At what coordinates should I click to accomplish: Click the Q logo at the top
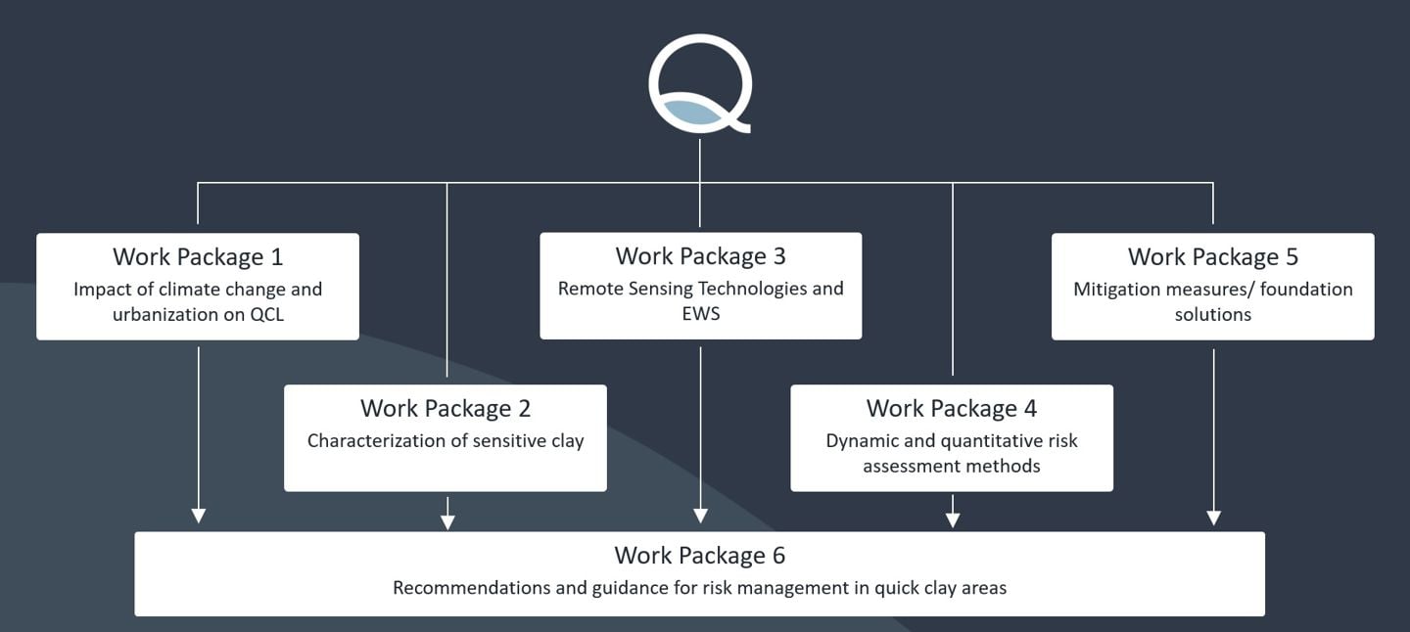pos(699,82)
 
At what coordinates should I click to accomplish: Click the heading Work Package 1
pos(198,257)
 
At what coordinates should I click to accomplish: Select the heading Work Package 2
pos(446,408)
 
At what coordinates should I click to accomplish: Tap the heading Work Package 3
pos(700,256)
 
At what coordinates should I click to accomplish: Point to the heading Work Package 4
pos(952,408)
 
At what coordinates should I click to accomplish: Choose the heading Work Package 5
pos(1212,257)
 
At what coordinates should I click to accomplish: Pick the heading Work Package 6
pos(699,556)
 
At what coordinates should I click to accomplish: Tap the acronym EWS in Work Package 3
pos(701,314)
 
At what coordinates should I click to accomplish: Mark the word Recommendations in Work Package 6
pos(458,588)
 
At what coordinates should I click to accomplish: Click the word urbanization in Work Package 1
pos(159,315)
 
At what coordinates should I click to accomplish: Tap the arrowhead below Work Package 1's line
pos(199,516)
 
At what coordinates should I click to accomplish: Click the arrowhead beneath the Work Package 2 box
pos(447,520)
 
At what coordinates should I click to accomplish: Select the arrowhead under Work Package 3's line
pos(700,516)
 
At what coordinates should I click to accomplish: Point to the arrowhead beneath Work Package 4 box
pos(953,520)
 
